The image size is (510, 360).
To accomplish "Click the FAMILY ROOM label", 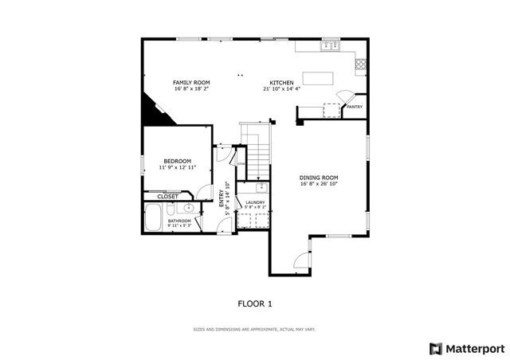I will pyautogui.click(x=191, y=83).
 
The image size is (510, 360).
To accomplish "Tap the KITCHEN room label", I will pyautogui.click(x=281, y=83).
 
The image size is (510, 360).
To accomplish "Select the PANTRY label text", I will pyautogui.click(x=355, y=107).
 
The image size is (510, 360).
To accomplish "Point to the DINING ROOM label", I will pyautogui.click(x=319, y=178).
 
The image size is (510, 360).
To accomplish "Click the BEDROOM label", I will pyautogui.click(x=177, y=162).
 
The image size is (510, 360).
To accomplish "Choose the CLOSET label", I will pyautogui.click(x=167, y=196).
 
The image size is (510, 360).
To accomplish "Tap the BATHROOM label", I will pyautogui.click(x=178, y=221).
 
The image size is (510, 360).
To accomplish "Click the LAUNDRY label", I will pyautogui.click(x=255, y=202).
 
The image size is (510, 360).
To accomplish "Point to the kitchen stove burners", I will pyautogui.click(x=361, y=64).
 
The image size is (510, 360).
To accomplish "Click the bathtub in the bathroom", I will pyautogui.click(x=153, y=217).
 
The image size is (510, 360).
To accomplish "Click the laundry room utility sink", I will pyautogui.click(x=261, y=188).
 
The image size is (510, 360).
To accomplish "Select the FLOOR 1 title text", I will pyautogui.click(x=255, y=303).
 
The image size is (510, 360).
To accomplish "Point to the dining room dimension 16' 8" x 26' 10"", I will pyautogui.click(x=319, y=184).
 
